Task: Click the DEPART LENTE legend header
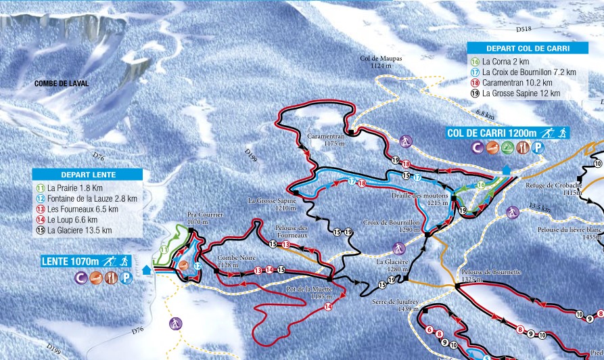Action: click(x=88, y=175)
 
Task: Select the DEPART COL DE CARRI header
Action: click(x=528, y=48)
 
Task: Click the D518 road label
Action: click(x=524, y=30)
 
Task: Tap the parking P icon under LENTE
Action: click(x=126, y=277)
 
